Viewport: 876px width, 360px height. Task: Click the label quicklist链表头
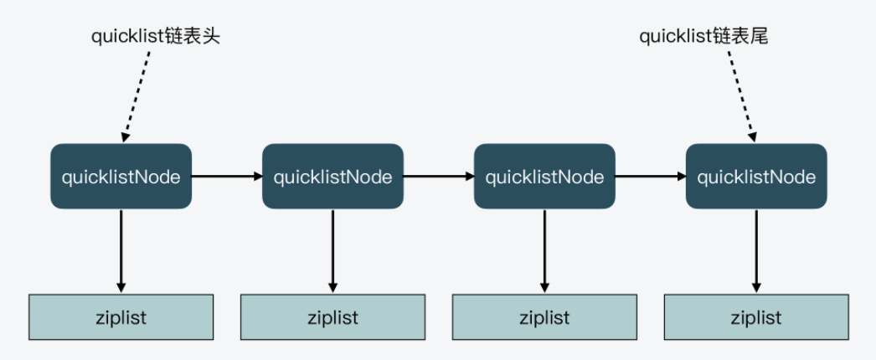(x=156, y=36)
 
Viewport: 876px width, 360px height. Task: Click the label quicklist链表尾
(x=703, y=36)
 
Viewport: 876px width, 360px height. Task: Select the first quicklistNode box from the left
(x=121, y=177)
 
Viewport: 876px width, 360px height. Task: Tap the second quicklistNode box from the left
(x=332, y=177)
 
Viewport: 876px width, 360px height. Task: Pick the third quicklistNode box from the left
(x=544, y=177)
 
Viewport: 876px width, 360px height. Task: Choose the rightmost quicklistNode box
(x=756, y=177)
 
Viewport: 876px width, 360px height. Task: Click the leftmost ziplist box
(x=121, y=317)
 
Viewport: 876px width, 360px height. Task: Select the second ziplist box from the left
(x=332, y=317)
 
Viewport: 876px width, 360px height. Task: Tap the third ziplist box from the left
(x=544, y=317)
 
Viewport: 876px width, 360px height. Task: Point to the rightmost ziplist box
(x=756, y=317)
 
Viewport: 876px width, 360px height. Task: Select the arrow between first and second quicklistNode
(x=227, y=177)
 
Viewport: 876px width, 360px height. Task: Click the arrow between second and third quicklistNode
(x=439, y=177)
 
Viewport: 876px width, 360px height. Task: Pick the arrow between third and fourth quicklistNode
(x=651, y=177)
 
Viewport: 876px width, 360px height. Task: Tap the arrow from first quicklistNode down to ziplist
(x=121, y=249)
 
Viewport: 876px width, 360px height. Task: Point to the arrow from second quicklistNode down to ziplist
(x=332, y=249)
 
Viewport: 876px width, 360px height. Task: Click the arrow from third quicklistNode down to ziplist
(x=544, y=249)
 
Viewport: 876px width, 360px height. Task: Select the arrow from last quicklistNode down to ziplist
(x=756, y=249)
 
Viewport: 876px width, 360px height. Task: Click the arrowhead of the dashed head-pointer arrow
(x=126, y=134)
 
